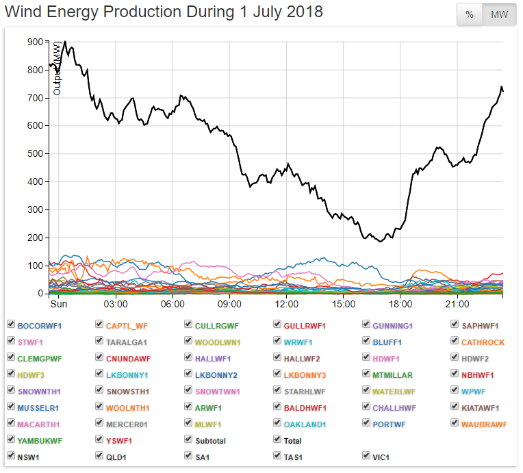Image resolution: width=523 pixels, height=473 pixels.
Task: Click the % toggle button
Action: (470, 14)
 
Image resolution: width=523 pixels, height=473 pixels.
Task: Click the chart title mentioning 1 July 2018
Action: (164, 12)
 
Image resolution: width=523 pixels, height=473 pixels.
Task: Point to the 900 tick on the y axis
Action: (34, 42)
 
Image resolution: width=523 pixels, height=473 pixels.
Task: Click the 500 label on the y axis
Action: (34, 154)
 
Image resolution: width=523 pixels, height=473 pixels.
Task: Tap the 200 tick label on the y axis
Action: (34, 238)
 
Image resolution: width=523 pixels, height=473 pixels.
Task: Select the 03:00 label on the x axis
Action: (116, 303)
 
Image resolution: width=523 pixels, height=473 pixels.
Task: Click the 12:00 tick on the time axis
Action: (286, 303)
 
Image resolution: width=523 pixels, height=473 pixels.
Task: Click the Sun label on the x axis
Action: (58, 303)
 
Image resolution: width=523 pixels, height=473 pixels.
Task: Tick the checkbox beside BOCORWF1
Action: (11, 324)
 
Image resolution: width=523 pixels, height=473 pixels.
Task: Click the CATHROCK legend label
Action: (483, 342)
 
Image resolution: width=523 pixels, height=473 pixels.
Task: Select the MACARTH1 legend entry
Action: (38, 424)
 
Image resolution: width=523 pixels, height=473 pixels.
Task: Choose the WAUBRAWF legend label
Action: (484, 424)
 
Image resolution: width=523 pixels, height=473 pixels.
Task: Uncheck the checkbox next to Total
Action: (277, 439)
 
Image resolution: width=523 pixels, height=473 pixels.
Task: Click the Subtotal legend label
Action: (210, 440)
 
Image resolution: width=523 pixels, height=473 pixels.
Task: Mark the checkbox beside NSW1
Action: (11, 456)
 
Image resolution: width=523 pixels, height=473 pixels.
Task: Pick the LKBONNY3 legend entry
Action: (305, 374)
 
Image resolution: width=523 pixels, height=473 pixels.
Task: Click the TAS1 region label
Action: (295, 457)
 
